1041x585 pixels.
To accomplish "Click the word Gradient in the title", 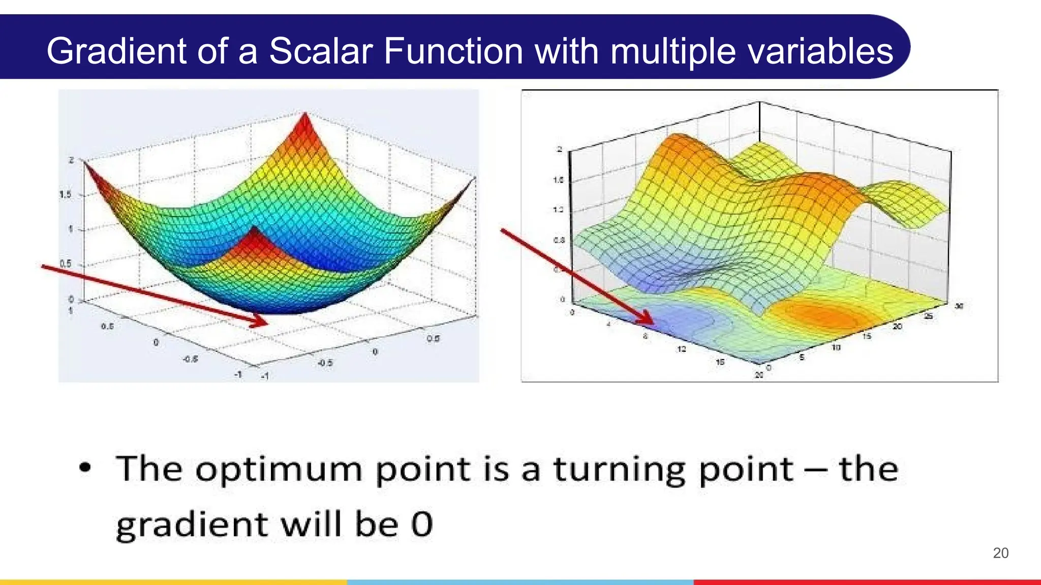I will pyautogui.click(x=116, y=51).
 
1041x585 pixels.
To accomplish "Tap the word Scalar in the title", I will pyautogui.click(x=321, y=51).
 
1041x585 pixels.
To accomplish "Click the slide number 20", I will pyautogui.click(x=1000, y=553).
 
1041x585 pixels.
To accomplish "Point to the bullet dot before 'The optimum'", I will pyautogui.click(x=85, y=468).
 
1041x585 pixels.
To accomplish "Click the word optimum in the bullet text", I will pyautogui.click(x=279, y=470).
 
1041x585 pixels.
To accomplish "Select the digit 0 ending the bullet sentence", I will pyautogui.click(x=422, y=524).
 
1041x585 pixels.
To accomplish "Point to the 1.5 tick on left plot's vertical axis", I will pyautogui.click(x=66, y=194).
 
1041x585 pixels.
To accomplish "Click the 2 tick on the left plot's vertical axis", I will pyautogui.click(x=71, y=160).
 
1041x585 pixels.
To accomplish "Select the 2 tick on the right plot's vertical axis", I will pyautogui.click(x=559, y=149).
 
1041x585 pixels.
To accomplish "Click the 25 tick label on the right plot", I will pyautogui.click(x=928, y=316).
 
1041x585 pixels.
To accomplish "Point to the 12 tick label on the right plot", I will pyautogui.click(x=682, y=349).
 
